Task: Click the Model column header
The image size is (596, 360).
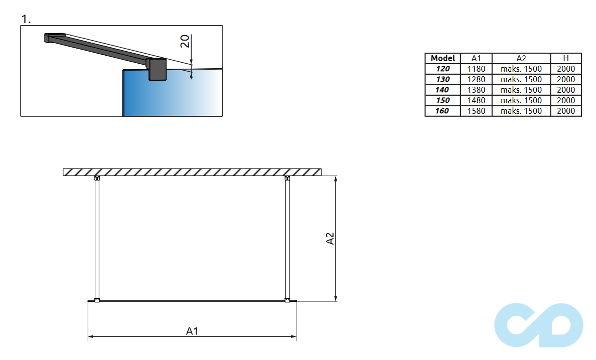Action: (442, 58)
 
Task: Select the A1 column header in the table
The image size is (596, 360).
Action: (476, 58)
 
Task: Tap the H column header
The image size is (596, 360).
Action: (565, 58)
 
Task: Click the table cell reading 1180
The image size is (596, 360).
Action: (476, 69)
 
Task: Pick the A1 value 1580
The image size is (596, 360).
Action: (476, 111)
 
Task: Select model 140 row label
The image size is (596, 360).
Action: (442, 90)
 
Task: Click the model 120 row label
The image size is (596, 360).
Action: (442, 69)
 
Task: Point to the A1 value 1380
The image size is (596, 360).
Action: (476, 90)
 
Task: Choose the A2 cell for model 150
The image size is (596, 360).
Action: (521, 100)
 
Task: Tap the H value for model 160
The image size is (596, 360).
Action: (565, 111)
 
